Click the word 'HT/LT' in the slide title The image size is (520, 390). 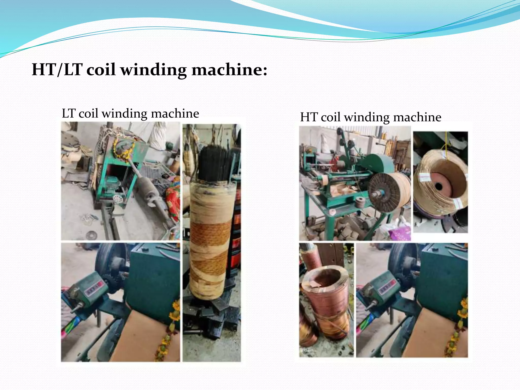click(x=57, y=69)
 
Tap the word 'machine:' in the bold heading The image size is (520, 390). click(x=229, y=69)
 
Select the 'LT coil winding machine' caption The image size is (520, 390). click(x=130, y=113)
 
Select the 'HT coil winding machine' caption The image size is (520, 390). click(x=370, y=117)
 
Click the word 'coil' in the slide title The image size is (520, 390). click(x=101, y=69)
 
